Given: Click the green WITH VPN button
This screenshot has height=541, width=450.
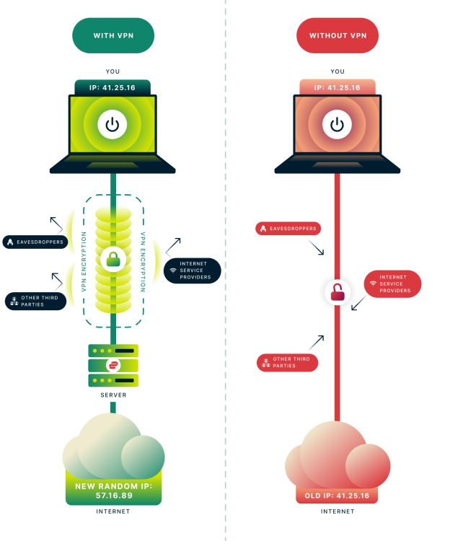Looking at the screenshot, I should (x=113, y=35).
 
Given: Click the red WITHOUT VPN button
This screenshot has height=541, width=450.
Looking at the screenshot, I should (x=337, y=35).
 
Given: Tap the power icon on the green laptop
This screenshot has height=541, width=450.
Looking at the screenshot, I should (x=112, y=125).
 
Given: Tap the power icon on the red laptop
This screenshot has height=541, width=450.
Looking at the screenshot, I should (x=337, y=125).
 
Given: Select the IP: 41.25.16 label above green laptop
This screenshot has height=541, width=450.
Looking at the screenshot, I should (x=112, y=87).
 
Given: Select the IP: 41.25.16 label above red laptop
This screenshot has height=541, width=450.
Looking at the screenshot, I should (x=337, y=87).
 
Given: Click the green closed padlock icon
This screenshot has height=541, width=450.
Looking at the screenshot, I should (x=113, y=258).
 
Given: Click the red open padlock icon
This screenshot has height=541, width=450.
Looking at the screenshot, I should (x=337, y=291).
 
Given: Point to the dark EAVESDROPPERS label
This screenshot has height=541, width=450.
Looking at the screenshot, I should (x=35, y=242).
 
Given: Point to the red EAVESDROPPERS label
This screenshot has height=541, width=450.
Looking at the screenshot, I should (x=288, y=229).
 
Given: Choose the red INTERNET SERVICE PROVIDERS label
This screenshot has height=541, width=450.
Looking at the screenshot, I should (x=392, y=283).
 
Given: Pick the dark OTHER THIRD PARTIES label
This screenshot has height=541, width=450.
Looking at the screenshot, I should (x=36, y=301).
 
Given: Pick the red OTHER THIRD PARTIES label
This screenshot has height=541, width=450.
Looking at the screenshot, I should (x=287, y=362).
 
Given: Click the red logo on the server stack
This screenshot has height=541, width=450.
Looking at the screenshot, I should (x=112, y=365).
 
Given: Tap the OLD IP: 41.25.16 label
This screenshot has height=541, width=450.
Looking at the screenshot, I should (x=337, y=496).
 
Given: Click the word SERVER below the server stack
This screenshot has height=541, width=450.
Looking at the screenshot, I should (x=112, y=395).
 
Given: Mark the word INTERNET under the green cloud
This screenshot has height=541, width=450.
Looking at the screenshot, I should (x=113, y=511).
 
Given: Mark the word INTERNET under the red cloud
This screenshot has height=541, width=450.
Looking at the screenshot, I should (x=337, y=511).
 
